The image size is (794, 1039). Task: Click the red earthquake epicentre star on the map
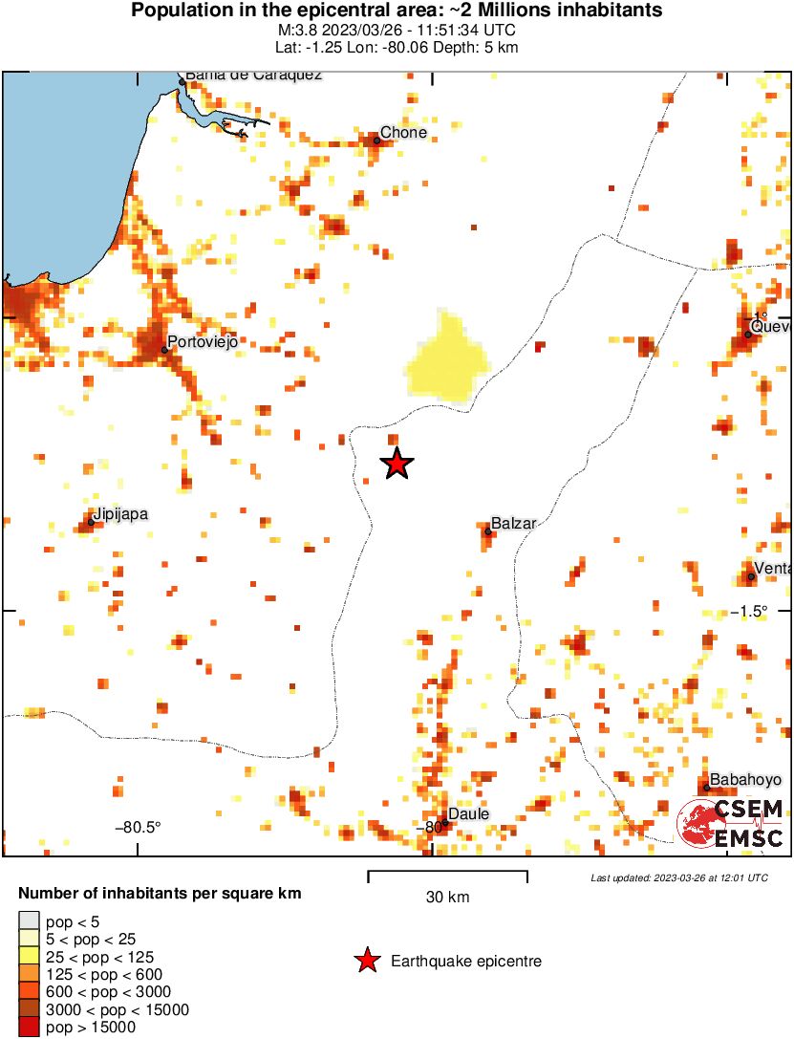click(397, 464)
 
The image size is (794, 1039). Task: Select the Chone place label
click(403, 133)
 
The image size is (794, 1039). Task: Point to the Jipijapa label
click(120, 514)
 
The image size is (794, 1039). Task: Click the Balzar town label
click(513, 524)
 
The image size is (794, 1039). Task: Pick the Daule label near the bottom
click(468, 813)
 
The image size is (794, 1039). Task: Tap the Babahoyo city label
click(745, 780)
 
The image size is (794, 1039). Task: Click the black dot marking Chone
click(376, 141)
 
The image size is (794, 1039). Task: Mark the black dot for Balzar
click(487, 531)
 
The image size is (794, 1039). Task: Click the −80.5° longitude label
click(139, 827)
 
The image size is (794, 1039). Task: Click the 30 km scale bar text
click(447, 898)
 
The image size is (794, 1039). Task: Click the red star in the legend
click(367, 962)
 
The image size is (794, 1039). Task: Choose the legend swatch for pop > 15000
click(29, 1028)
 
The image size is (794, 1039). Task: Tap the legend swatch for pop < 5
click(29, 920)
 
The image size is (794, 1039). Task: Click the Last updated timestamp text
click(678, 877)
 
